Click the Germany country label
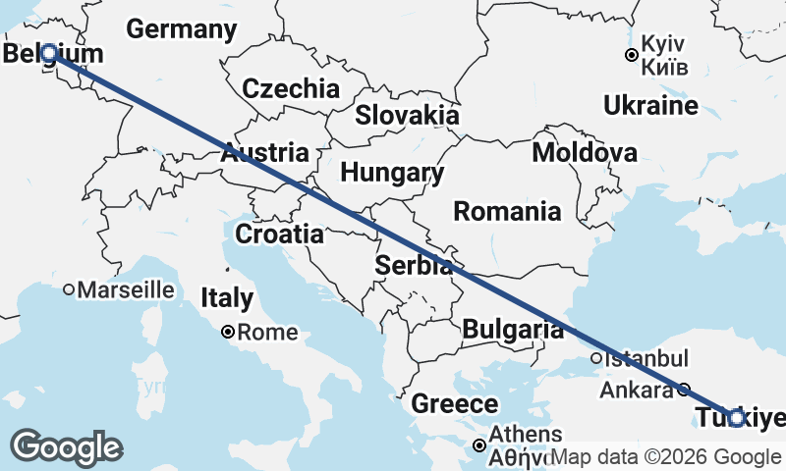coord(182,29)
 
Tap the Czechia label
coord(291,88)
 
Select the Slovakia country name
coord(407,115)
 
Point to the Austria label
coord(264,153)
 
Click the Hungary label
coord(392,174)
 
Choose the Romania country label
coord(508,211)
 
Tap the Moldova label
coord(585,153)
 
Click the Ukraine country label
coord(650,105)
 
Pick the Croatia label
coord(279,235)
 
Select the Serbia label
coord(414,265)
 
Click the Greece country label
coord(454,403)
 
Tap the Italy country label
coord(227,298)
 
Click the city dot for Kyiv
coord(631,55)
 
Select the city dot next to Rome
coord(227,333)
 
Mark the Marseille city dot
coord(69,289)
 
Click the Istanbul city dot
coord(596,358)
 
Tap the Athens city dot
coord(479,445)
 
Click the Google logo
coord(66,447)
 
